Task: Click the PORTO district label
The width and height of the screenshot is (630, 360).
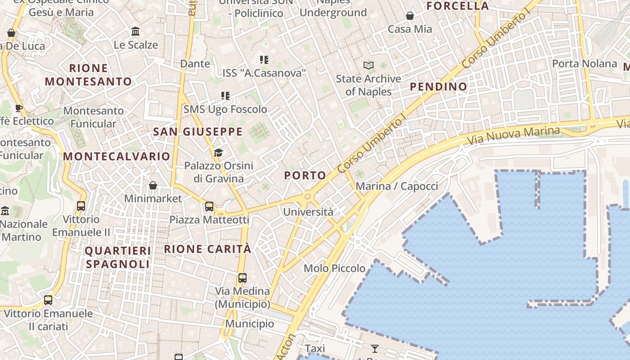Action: [x=305, y=175]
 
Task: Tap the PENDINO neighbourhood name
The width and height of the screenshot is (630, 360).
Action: [x=438, y=87]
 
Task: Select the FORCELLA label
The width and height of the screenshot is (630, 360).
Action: [x=457, y=6]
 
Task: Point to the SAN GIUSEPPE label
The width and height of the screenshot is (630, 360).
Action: [x=198, y=132]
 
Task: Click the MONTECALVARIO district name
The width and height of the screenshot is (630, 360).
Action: [x=117, y=156]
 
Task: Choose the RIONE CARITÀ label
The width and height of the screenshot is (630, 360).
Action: [x=207, y=249]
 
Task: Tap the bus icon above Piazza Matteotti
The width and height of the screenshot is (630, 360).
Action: [x=209, y=207]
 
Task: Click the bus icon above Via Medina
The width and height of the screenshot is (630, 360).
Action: [x=243, y=278]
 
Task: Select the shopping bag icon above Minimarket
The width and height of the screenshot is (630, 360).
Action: [x=153, y=185]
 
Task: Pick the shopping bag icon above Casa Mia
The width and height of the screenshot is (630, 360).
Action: [x=410, y=16]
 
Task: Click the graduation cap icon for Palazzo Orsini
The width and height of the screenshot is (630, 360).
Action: [x=218, y=153]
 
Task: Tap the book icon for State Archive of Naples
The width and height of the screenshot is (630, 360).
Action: [x=369, y=66]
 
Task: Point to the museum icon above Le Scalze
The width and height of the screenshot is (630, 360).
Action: [x=135, y=31]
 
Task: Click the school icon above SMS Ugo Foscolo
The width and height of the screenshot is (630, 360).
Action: [x=225, y=96]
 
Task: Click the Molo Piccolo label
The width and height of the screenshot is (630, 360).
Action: [x=334, y=269]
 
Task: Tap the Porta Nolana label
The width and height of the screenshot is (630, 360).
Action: [x=585, y=63]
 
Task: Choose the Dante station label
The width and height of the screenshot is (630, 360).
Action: [x=195, y=63]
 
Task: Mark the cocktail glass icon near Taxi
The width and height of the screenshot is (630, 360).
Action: [x=374, y=348]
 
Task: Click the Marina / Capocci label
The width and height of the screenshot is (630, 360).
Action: [x=396, y=186]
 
